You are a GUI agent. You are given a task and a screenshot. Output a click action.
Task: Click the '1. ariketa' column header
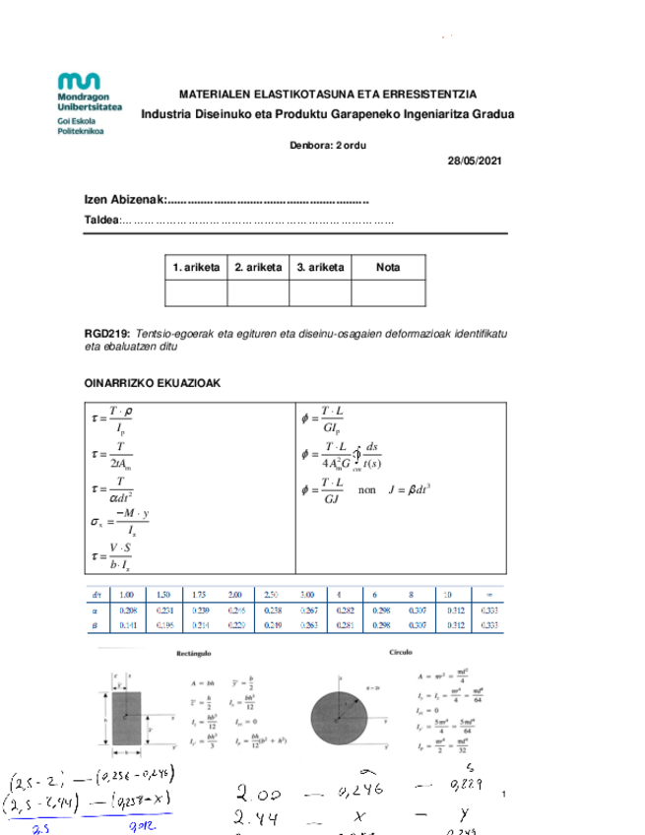coord(196,267)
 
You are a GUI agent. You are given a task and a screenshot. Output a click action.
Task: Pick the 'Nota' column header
coord(388,267)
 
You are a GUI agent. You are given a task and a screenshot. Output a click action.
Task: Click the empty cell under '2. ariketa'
coord(257,293)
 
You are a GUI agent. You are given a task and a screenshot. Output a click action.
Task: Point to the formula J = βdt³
coord(412,488)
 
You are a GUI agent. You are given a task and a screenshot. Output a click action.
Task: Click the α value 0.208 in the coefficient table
coord(126,610)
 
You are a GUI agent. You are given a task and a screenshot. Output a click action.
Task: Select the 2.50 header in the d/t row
coord(271,595)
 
